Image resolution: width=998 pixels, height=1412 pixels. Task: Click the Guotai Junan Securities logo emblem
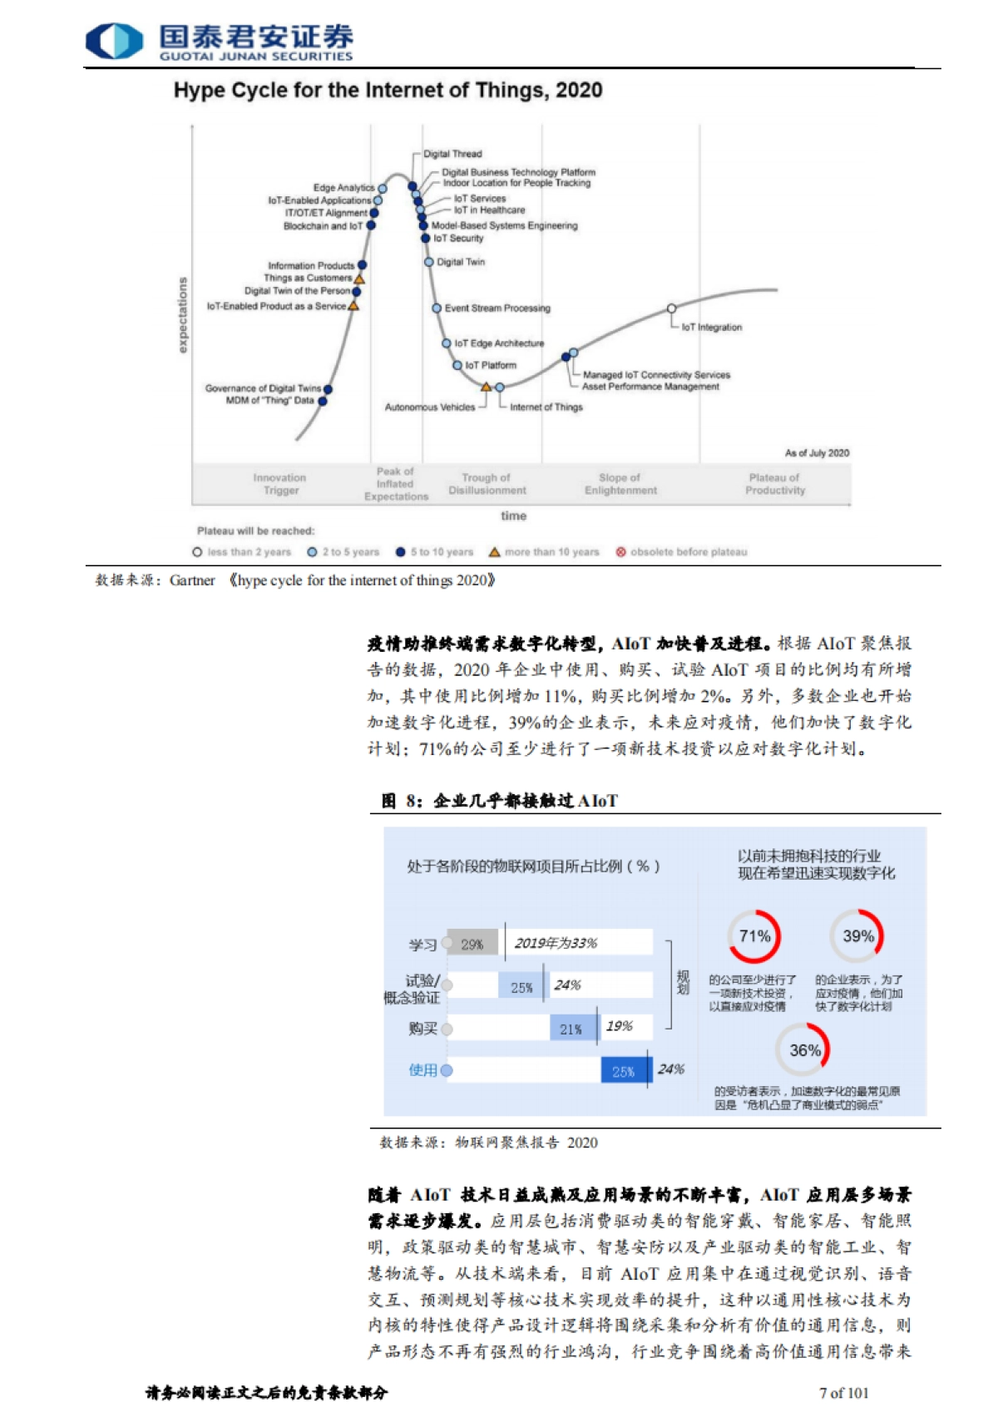coord(114,41)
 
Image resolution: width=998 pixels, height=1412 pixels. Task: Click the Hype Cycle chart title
coord(388,90)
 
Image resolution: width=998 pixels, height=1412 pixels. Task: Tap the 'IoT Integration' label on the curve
coord(711,328)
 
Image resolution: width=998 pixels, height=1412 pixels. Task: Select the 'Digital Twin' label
coord(461,262)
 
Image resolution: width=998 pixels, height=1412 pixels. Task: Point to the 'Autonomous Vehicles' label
coord(429,407)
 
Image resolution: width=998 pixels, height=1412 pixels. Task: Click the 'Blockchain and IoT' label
coord(323,226)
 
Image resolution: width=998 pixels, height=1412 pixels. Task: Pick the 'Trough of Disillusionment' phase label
coord(487,484)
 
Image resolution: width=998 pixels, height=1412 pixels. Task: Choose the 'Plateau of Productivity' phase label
coord(774,484)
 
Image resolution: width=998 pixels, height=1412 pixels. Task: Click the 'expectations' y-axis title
coord(183,315)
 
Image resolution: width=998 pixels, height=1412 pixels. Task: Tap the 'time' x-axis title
coord(513,516)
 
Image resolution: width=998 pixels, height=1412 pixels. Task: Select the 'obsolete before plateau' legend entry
coord(681,552)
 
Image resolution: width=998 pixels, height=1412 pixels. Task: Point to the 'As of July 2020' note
coord(817,453)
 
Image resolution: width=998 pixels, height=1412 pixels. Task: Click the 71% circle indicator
coord(754,936)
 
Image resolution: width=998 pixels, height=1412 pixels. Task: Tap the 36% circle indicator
coord(803,1050)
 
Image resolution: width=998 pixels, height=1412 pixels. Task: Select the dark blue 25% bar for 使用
coord(624,1071)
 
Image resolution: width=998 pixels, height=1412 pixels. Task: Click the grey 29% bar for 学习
coord(472,944)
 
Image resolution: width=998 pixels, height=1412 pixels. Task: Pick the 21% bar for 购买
coord(572,1029)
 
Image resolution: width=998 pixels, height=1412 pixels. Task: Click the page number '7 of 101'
coord(843,1392)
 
